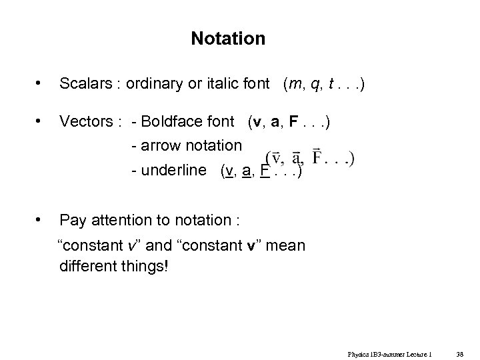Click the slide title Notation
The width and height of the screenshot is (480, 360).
228,39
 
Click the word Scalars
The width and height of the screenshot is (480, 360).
84,84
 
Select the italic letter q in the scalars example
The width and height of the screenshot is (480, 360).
308,85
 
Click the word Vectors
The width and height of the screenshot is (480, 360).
84,123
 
